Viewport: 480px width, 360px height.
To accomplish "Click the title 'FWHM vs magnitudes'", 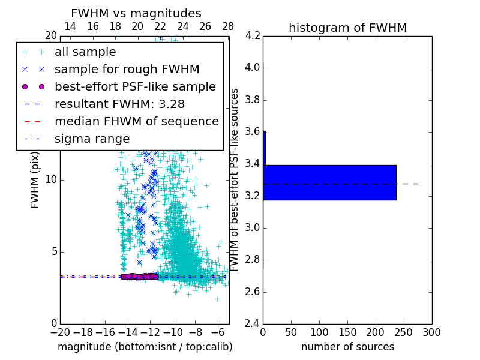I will point(136,14).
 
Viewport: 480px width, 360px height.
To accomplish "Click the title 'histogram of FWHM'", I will point(347,28).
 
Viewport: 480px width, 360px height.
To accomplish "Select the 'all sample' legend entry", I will point(85,52).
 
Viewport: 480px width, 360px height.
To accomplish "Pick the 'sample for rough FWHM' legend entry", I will point(127,69).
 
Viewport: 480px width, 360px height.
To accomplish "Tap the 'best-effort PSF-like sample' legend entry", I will point(135,86).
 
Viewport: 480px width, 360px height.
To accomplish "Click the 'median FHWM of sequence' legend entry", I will point(136,121).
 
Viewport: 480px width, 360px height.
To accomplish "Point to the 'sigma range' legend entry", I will point(92,139).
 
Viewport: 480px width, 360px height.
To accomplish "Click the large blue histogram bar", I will point(329,182).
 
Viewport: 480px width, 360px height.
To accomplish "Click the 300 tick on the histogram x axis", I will point(431,332).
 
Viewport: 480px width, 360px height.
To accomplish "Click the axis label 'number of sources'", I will point(347,347).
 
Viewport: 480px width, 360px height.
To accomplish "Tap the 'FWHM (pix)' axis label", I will point(35,180).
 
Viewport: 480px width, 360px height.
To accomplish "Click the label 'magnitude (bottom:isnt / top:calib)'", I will point(145,347).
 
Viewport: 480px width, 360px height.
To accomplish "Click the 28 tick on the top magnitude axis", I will point(228,26).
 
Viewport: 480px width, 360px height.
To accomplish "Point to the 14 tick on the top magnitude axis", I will point(70,26).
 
